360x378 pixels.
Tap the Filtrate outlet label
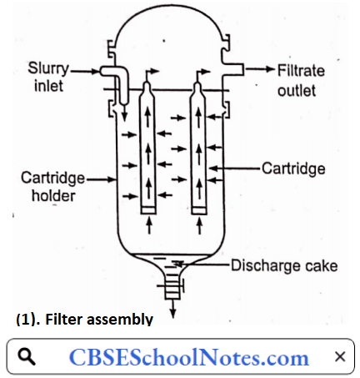click(302, 79)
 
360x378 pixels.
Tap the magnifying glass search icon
click(27, 357)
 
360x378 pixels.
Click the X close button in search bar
click(339, 357)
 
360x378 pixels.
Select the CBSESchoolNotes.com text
click(187, 358)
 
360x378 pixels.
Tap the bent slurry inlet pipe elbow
click(117, 77)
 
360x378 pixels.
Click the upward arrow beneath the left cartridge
click(147, 224)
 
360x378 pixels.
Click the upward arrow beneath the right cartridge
click(198, 224)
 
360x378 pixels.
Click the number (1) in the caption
click(26, 319)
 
